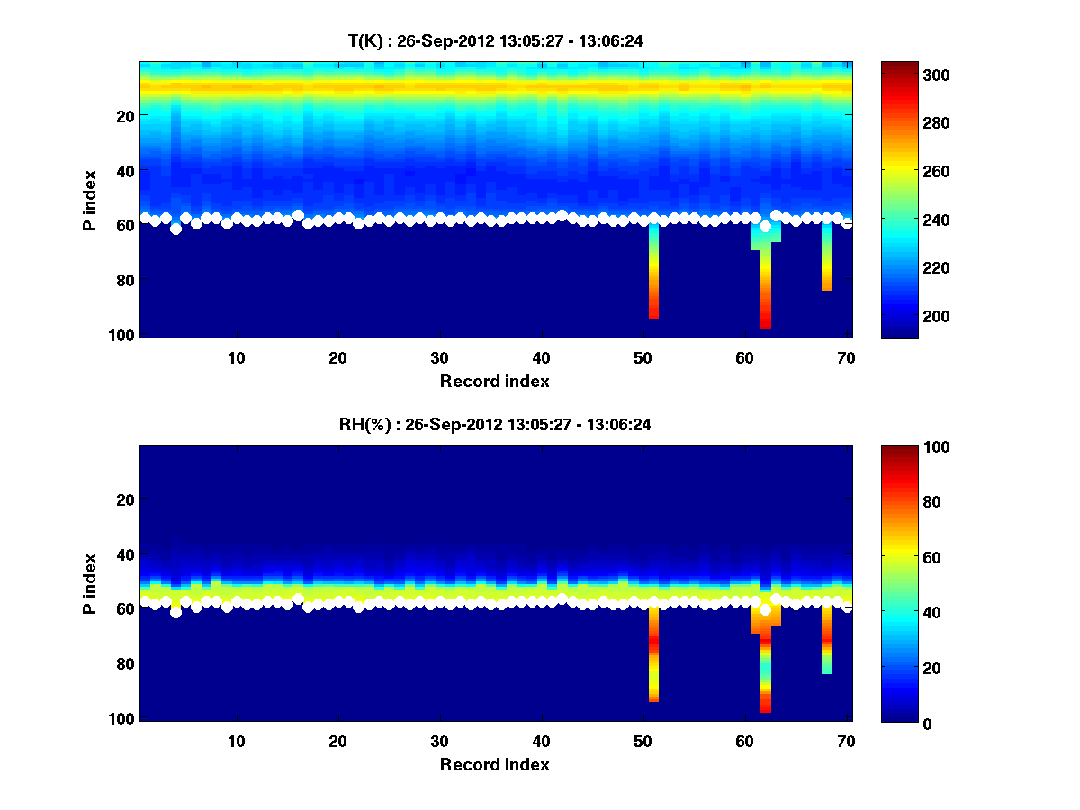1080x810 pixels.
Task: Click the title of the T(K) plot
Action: coord(495,40)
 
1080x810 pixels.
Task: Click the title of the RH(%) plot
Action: coord(495,424)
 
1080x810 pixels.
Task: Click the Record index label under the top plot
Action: coord(495,381)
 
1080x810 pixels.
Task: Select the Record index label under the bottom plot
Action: coord(495,764)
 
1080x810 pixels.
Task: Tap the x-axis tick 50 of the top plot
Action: coord(643,357)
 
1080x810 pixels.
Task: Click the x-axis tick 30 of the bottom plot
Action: coord(439,741)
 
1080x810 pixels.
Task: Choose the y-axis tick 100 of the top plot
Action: coord(124,335)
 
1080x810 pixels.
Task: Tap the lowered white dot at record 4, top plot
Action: coord(175,229)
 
